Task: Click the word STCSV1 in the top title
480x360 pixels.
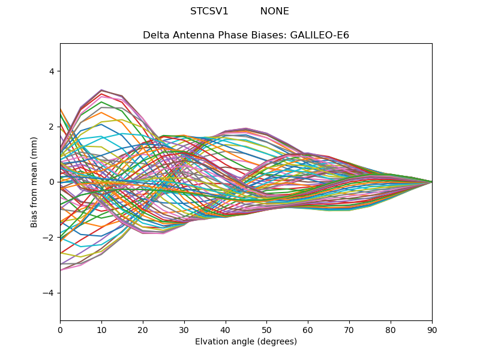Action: (209, 11)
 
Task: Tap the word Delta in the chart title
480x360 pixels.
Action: (155, 35)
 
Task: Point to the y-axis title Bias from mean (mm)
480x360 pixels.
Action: (35, 182)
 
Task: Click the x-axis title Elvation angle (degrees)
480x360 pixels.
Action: (246, 341)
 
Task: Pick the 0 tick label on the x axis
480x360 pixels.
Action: (60, 329)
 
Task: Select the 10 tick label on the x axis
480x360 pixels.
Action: (101, 329)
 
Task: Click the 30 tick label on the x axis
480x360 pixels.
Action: (184, 329)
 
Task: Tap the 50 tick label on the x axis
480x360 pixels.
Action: (266, 329)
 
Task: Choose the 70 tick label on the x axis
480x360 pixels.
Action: (349, 329)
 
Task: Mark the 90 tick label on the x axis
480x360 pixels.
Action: (432, 329)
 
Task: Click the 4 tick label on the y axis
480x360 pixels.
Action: (51, 71)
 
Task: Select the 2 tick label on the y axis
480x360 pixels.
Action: (51, 127)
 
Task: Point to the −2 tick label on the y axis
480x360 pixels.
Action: (49, 237)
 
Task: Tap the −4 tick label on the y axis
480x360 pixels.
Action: (49, 293)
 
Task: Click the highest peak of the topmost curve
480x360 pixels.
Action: (101, 90)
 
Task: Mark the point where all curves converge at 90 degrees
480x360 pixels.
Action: (432, 182)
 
